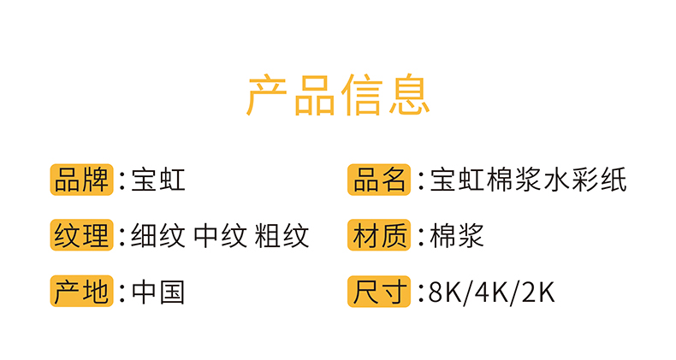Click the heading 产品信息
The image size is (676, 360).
tap(338, 94)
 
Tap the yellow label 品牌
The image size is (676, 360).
tap(81, 180)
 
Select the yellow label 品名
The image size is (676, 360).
tap(379, 180)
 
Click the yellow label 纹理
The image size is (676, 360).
tap(81, 235)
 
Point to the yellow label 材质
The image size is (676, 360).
tap(379, 235)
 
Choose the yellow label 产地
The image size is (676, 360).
tap(81, 292)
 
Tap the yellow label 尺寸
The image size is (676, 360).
tap(379, 292)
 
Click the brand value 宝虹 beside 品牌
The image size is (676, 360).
tap(158, 180)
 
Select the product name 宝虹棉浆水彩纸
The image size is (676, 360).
tap(529, 180)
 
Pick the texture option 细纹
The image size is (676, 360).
tap(158, 235)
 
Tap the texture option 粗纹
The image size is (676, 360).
tap(282, 235)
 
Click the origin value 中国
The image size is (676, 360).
tap(158, 292)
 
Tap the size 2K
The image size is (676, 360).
tap(538, 292)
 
